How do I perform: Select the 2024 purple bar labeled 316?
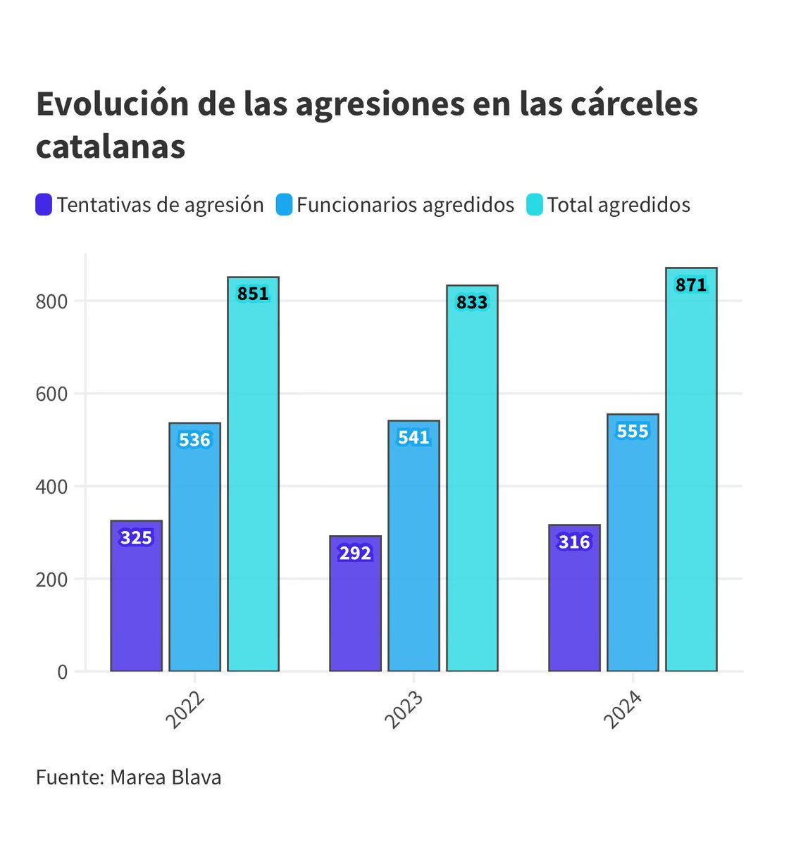(574, 598)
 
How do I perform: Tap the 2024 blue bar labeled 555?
(633, 542)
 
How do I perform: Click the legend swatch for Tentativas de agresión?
(44, 205)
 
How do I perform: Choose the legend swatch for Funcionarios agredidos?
(284, 205)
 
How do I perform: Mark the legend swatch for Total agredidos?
(535, 205)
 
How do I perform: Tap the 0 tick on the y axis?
(63, 672)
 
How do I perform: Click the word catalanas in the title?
(111, 146)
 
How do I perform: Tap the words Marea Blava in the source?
(166, 777)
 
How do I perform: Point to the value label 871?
(690, 285)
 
